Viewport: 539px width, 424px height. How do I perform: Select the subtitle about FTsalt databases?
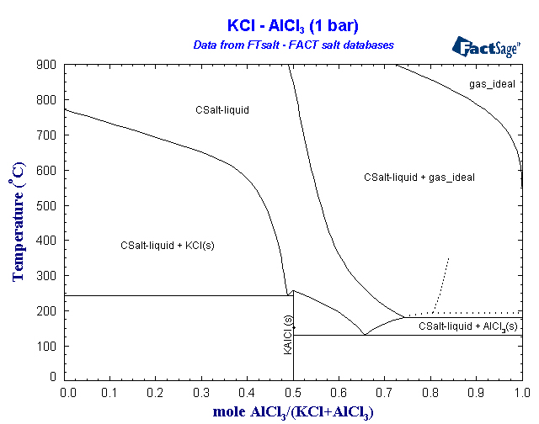pos(287,44)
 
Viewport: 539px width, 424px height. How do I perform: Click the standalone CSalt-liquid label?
pos(221,109)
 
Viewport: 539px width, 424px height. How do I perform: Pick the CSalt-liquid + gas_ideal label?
pos(419,178)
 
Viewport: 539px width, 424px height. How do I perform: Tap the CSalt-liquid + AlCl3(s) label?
pos(468,326)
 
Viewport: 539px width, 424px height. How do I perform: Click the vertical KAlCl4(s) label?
pos(288,335)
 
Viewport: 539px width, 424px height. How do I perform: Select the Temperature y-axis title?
pos(18,222)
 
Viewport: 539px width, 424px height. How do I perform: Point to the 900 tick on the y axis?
pos(46,65)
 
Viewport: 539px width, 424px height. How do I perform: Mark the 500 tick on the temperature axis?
pos(46,205)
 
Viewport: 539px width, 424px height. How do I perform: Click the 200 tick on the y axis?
pos(46,311)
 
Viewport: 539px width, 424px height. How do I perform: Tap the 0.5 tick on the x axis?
pos(293,392)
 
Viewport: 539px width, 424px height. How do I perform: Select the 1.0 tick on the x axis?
pos(521,392)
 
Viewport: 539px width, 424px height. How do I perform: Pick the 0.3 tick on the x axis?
pos(202,392)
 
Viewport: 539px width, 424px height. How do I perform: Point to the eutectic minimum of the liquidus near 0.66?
pos(364,334)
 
